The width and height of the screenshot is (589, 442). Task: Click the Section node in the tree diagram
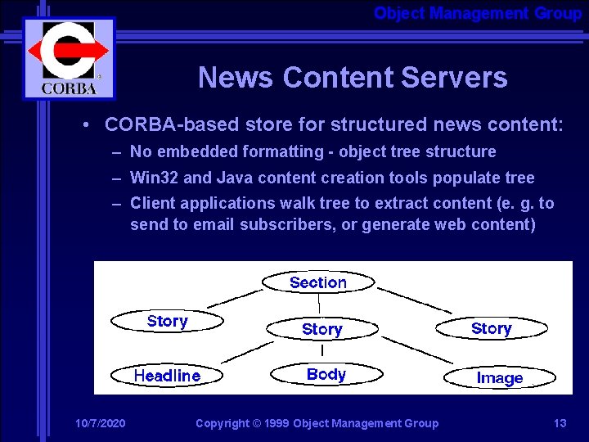click(318, 282)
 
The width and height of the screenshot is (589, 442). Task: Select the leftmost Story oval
click(167, 322)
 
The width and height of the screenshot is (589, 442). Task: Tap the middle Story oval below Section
click(321, 329)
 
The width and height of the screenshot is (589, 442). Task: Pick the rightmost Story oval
click(491, 328)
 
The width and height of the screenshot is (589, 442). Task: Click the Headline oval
click(167, 376)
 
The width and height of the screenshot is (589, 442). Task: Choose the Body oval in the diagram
click(326, 374)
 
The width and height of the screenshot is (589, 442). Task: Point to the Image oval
click(499, 377)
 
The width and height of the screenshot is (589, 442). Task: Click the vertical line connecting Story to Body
click(322, 351)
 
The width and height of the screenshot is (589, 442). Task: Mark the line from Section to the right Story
click(414, 300)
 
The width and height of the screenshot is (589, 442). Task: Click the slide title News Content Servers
click(353, 78)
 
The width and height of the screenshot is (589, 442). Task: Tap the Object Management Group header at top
click(478, 13)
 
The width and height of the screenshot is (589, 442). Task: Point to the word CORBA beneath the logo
click(70, 88)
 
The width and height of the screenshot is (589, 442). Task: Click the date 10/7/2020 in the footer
click(100, 423)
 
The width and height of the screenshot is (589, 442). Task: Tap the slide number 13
click(560, 423)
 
